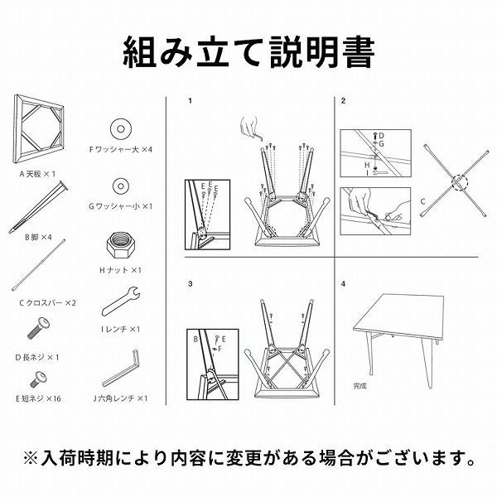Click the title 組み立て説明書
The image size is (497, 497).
coord(248,52)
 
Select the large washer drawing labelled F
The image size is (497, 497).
coord(120,129)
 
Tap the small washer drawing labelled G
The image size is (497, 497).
coord(120,186)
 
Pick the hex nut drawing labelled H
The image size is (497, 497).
coord(121,246)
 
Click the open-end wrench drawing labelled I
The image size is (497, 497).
coord(120,302)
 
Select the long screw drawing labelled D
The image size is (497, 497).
coord(38,328)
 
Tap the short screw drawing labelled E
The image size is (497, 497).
coord(38,379)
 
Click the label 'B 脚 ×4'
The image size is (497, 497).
coord(38,237)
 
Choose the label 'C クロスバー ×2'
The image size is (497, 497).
coord(47,302)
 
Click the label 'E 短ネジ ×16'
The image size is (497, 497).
coord(38,398)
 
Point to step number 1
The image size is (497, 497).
coord(190,101)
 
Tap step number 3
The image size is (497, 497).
coord(190,283)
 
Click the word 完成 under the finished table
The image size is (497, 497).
coord(359,386)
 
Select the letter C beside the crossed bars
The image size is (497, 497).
coord(422,201)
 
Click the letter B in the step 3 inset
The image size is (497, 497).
coord(195,339)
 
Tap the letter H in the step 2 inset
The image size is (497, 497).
coord(367,165)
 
